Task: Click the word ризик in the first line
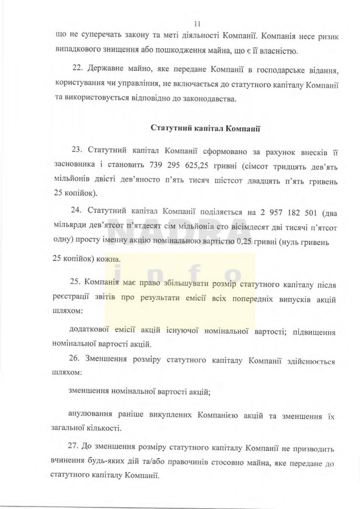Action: pyautogui.click(x=328, y=37)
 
